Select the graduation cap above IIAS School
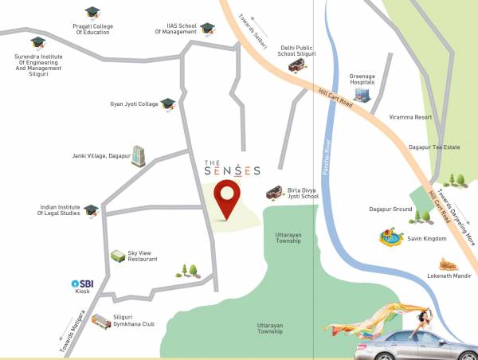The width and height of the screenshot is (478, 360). pyautogui.click(x=207, y=29)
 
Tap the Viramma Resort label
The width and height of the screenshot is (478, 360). pyautogui.click(x=410, y=117)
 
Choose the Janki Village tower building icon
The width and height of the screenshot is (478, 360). pyautogui.click(x=139, y=156)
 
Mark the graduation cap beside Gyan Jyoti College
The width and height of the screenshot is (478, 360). pyautogui.click(x=167, y=104)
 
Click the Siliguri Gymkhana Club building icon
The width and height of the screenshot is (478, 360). pyautogui.click(x=100, y=321)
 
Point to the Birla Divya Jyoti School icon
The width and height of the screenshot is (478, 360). pyautogui.click(x=273, y=191)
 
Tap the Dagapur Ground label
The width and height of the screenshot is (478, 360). pyautogui.click(x=390, y=209)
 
